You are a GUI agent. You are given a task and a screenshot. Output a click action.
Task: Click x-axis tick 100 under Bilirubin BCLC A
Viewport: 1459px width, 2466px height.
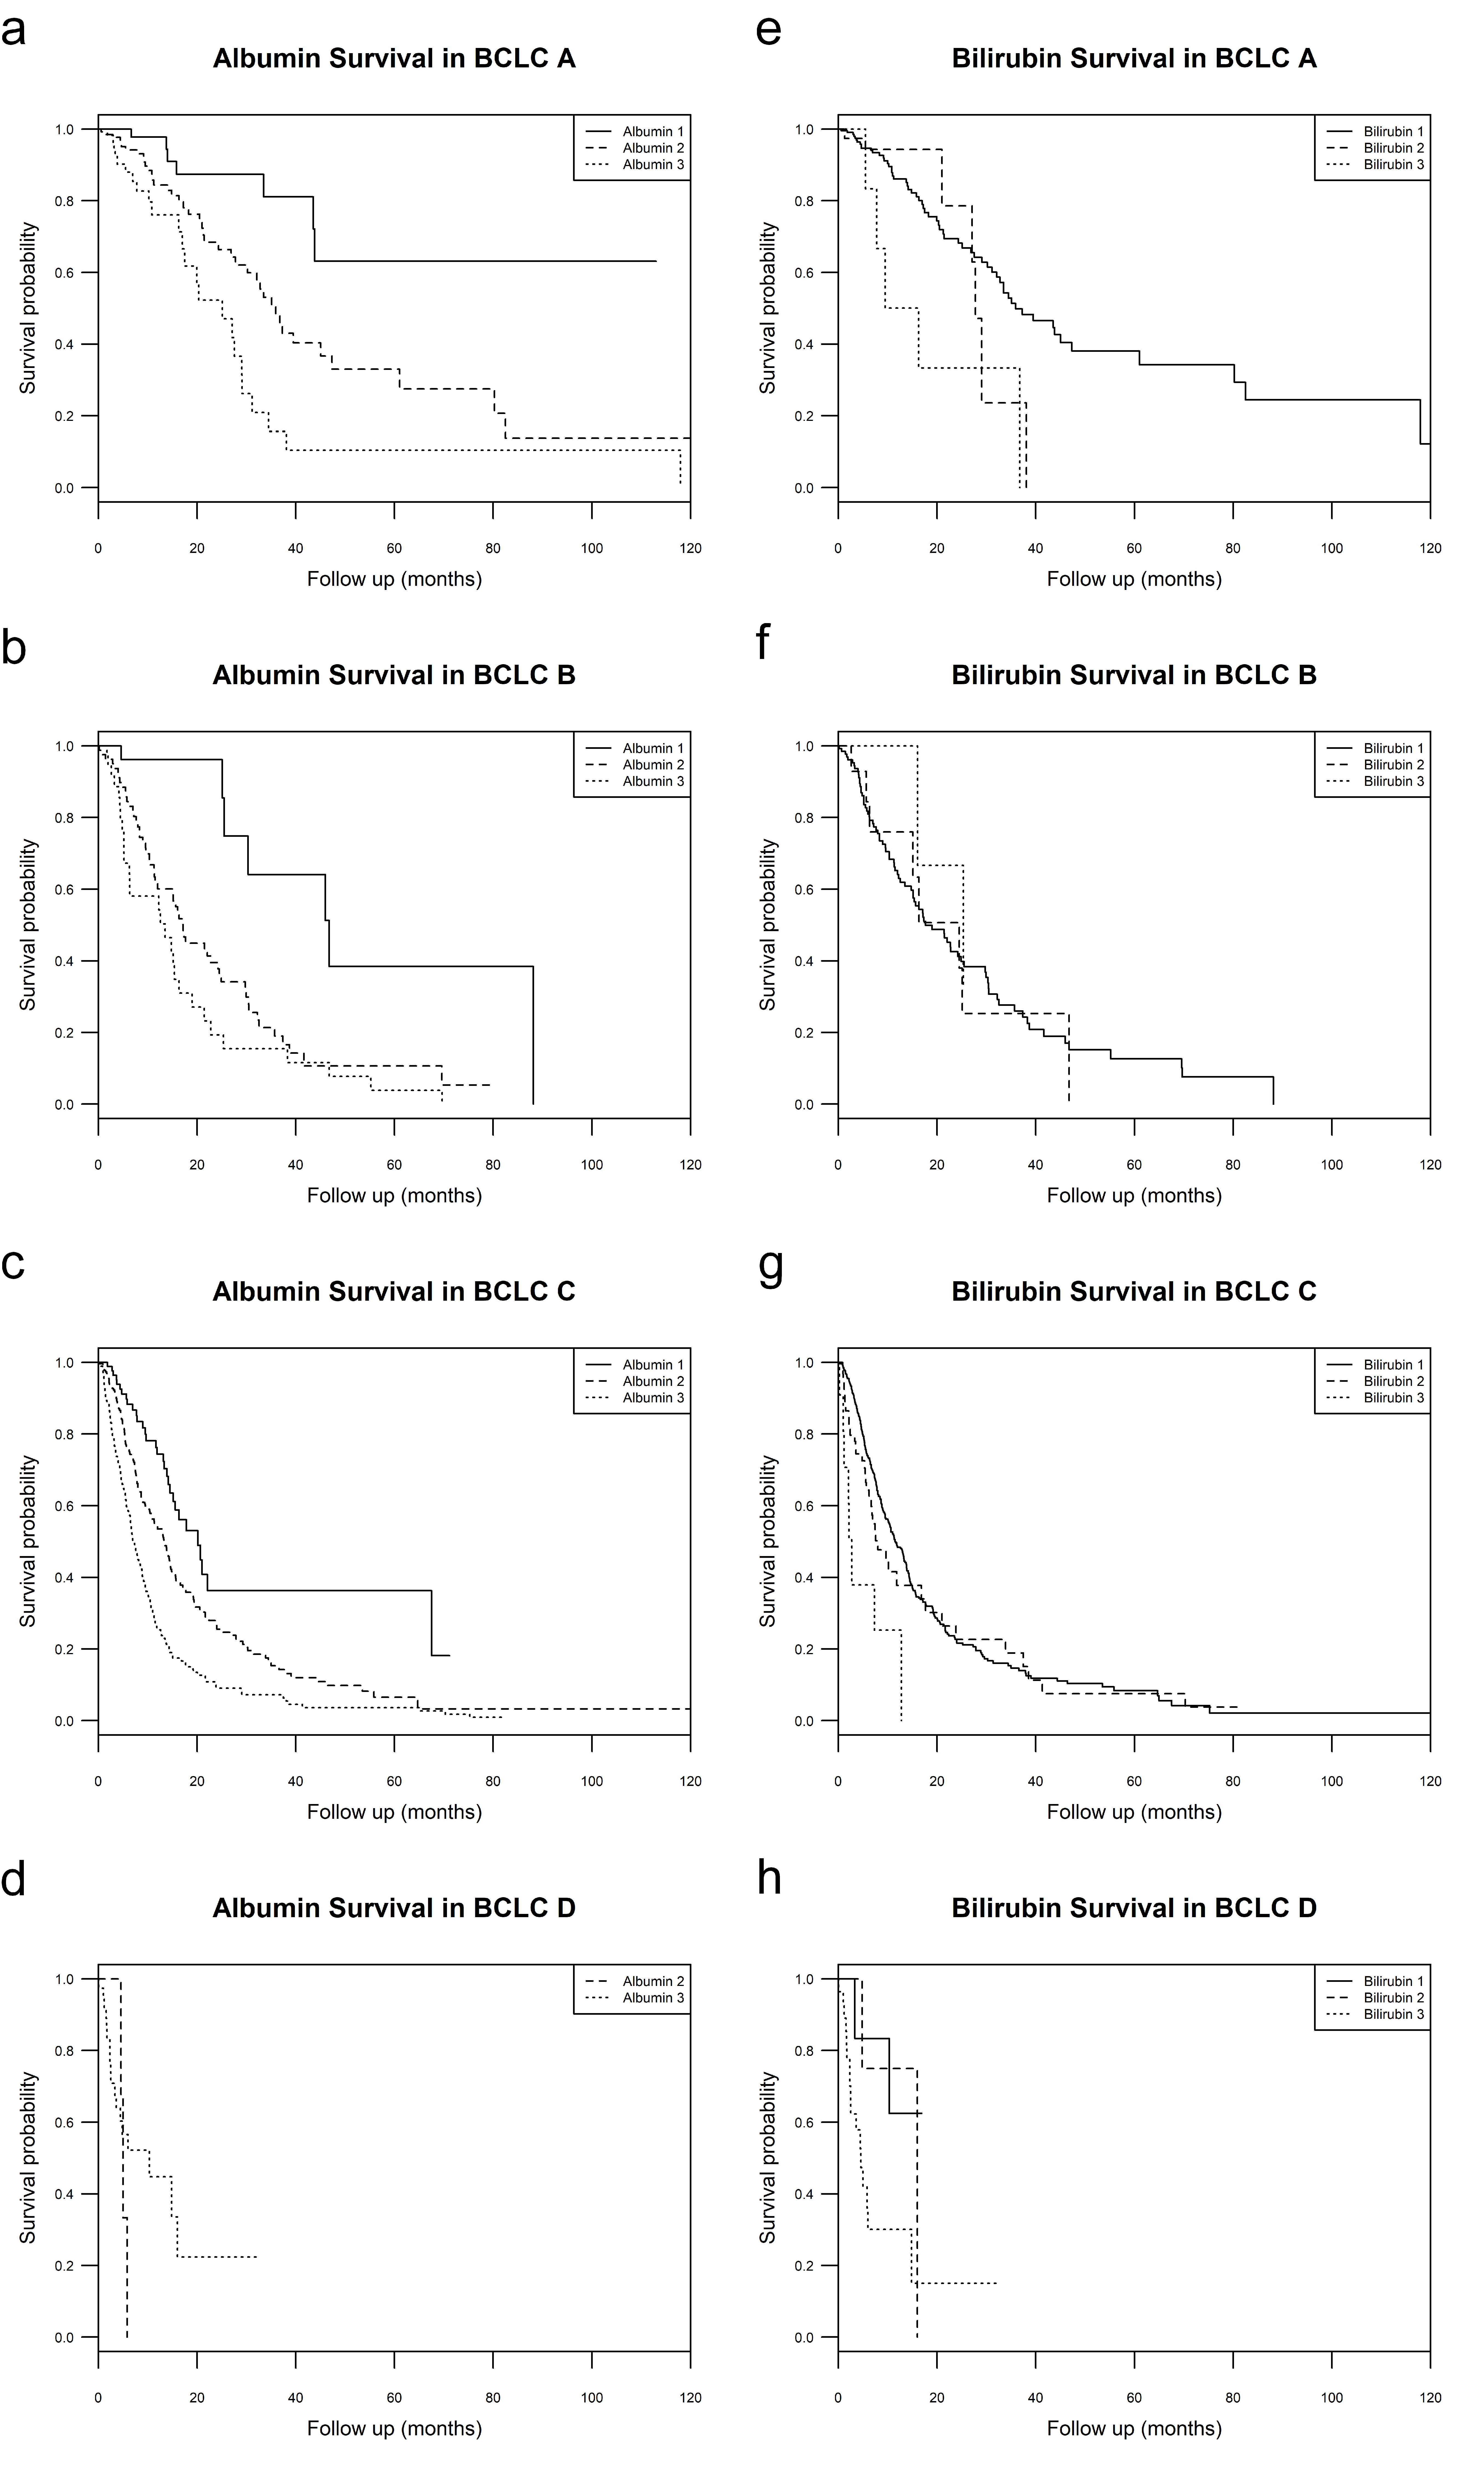point(1331,549)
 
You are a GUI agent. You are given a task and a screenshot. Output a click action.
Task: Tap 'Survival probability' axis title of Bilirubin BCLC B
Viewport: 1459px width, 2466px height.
point(768,925)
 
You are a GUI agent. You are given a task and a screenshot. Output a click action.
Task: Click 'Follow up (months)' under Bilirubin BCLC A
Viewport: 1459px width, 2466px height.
point(1134,579)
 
